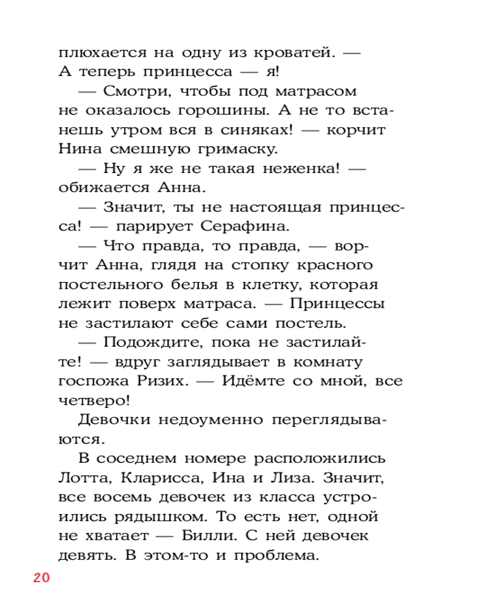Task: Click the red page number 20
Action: (41, 577)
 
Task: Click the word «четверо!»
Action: (94, 401)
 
